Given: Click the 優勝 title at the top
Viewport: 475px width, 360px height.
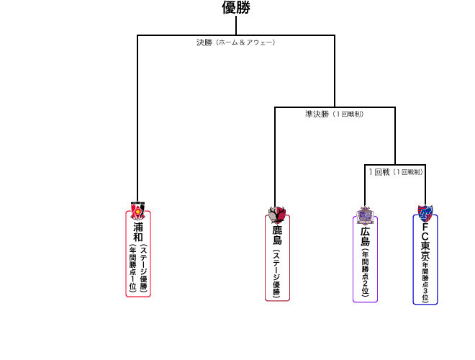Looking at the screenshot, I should point(235,8).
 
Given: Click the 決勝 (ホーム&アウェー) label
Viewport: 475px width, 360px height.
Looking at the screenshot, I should point(235,42).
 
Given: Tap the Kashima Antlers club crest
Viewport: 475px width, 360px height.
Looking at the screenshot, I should point(277,215).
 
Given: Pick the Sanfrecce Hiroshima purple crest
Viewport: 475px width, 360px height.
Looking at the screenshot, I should point(366,216).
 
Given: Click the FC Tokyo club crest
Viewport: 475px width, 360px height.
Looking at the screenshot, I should point(425,213).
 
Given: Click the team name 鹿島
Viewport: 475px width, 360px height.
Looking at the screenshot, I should point(277,235).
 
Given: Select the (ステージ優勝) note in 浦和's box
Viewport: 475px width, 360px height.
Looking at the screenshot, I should point(143,267).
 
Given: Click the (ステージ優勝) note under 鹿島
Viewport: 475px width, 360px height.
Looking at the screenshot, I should point(277,272).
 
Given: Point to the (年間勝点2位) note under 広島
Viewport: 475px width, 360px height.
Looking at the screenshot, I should point(366,274).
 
